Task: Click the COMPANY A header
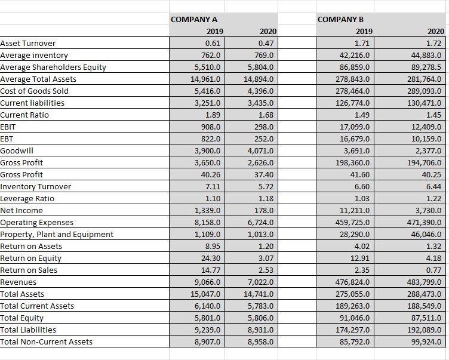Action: (194, 20)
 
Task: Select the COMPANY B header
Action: (341, 20)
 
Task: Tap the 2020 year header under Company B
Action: (435, 32)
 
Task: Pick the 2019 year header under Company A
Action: (213, 32)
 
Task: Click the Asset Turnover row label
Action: (28, 43)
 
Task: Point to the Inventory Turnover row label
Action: (36, 186)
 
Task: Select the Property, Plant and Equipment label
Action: (57, 234)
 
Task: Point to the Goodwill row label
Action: (17, 150)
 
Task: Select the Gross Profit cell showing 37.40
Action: (263, 174)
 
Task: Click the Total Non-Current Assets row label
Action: (46, 341)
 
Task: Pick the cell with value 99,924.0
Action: (425, 341)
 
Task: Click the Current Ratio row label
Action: (24, 115)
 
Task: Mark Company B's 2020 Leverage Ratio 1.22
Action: (434, 198)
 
